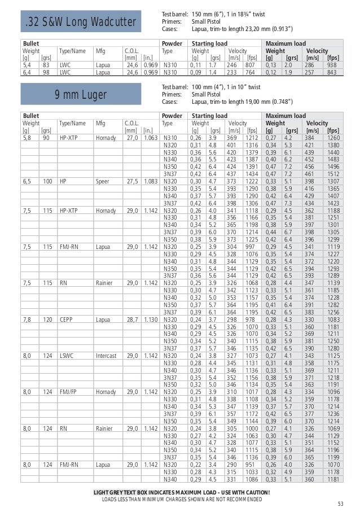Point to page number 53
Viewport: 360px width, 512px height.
click(x=340, y=504)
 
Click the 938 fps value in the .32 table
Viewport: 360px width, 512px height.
click(x=332, y=65)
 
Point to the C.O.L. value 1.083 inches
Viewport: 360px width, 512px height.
click(x=150, y=181)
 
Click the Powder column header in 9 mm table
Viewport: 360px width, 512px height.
click(x=172, y=115)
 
